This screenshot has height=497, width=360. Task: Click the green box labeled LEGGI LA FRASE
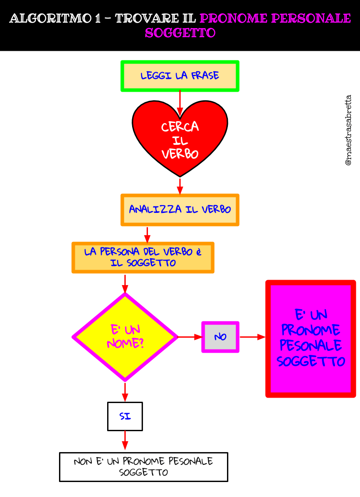click(x=180, y=76)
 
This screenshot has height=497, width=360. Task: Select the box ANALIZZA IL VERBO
click(x=180, y=210)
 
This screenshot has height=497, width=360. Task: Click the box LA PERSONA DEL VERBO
click(x=143, y=257)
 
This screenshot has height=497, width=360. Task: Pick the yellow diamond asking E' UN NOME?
click(x=125, y=337)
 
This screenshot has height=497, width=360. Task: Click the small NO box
click(x=220, y=337)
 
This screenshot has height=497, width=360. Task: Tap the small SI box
click(x=125, y=416)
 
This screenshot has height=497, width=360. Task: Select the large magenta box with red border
click(x=311, y=339)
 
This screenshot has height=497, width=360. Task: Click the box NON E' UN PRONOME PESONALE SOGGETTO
click(x=143, y=467)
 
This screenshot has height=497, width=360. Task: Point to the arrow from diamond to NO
click(x=190, y=337)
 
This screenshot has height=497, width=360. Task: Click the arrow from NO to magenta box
click(x=252, y=337)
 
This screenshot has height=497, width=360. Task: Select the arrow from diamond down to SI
click(x=125, y=392)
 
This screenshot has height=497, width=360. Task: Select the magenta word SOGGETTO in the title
click(x=180, y=33)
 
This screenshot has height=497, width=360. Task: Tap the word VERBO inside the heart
click(x=180, y=154)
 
